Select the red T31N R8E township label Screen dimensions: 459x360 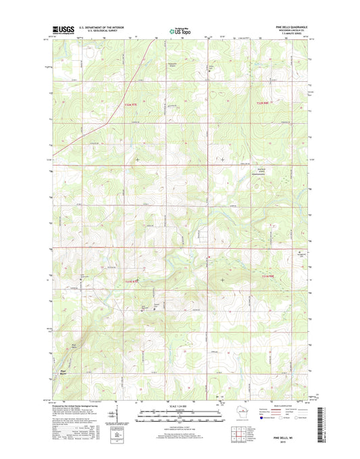click(x=268, y=276)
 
